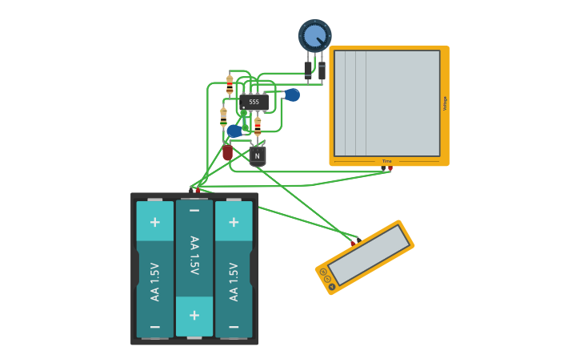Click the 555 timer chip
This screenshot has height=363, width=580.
pos(254,102)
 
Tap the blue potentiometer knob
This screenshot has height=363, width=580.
pos(315,35)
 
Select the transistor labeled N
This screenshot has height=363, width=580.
pos(257,155)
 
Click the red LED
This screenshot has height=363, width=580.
pos(228,151)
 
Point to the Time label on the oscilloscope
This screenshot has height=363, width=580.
pos(387,162)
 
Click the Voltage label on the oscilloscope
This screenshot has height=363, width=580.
pos(445,103)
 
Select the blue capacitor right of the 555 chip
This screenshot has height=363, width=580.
pos(292,95)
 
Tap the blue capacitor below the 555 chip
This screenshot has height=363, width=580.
pos(234,131)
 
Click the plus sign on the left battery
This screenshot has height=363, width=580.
pos(154,222)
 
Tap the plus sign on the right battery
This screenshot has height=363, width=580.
pos(234,222)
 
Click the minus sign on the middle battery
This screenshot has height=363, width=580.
pos(194,210)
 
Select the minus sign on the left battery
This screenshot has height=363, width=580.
pos(154,327)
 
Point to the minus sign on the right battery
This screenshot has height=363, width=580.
pos(234,327)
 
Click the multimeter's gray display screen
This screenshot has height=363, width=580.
pos(369,255)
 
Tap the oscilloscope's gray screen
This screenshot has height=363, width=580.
pos(387,103)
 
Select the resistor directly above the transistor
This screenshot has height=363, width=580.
pos(258,126)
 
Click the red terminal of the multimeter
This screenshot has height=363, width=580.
pos(353,241)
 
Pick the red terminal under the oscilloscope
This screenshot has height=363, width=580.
pos(390,169)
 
